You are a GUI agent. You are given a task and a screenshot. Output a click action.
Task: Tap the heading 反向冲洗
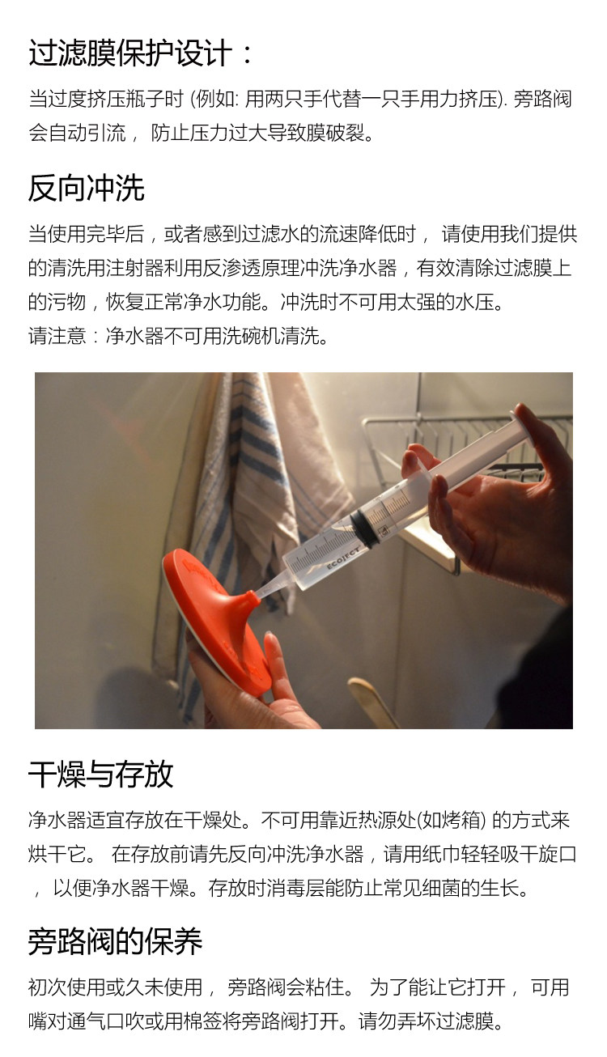(86, 188)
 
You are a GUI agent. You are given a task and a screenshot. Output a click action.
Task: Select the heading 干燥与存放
(100, 774)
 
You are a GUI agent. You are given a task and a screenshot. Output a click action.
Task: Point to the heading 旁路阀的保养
(115, 940)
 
